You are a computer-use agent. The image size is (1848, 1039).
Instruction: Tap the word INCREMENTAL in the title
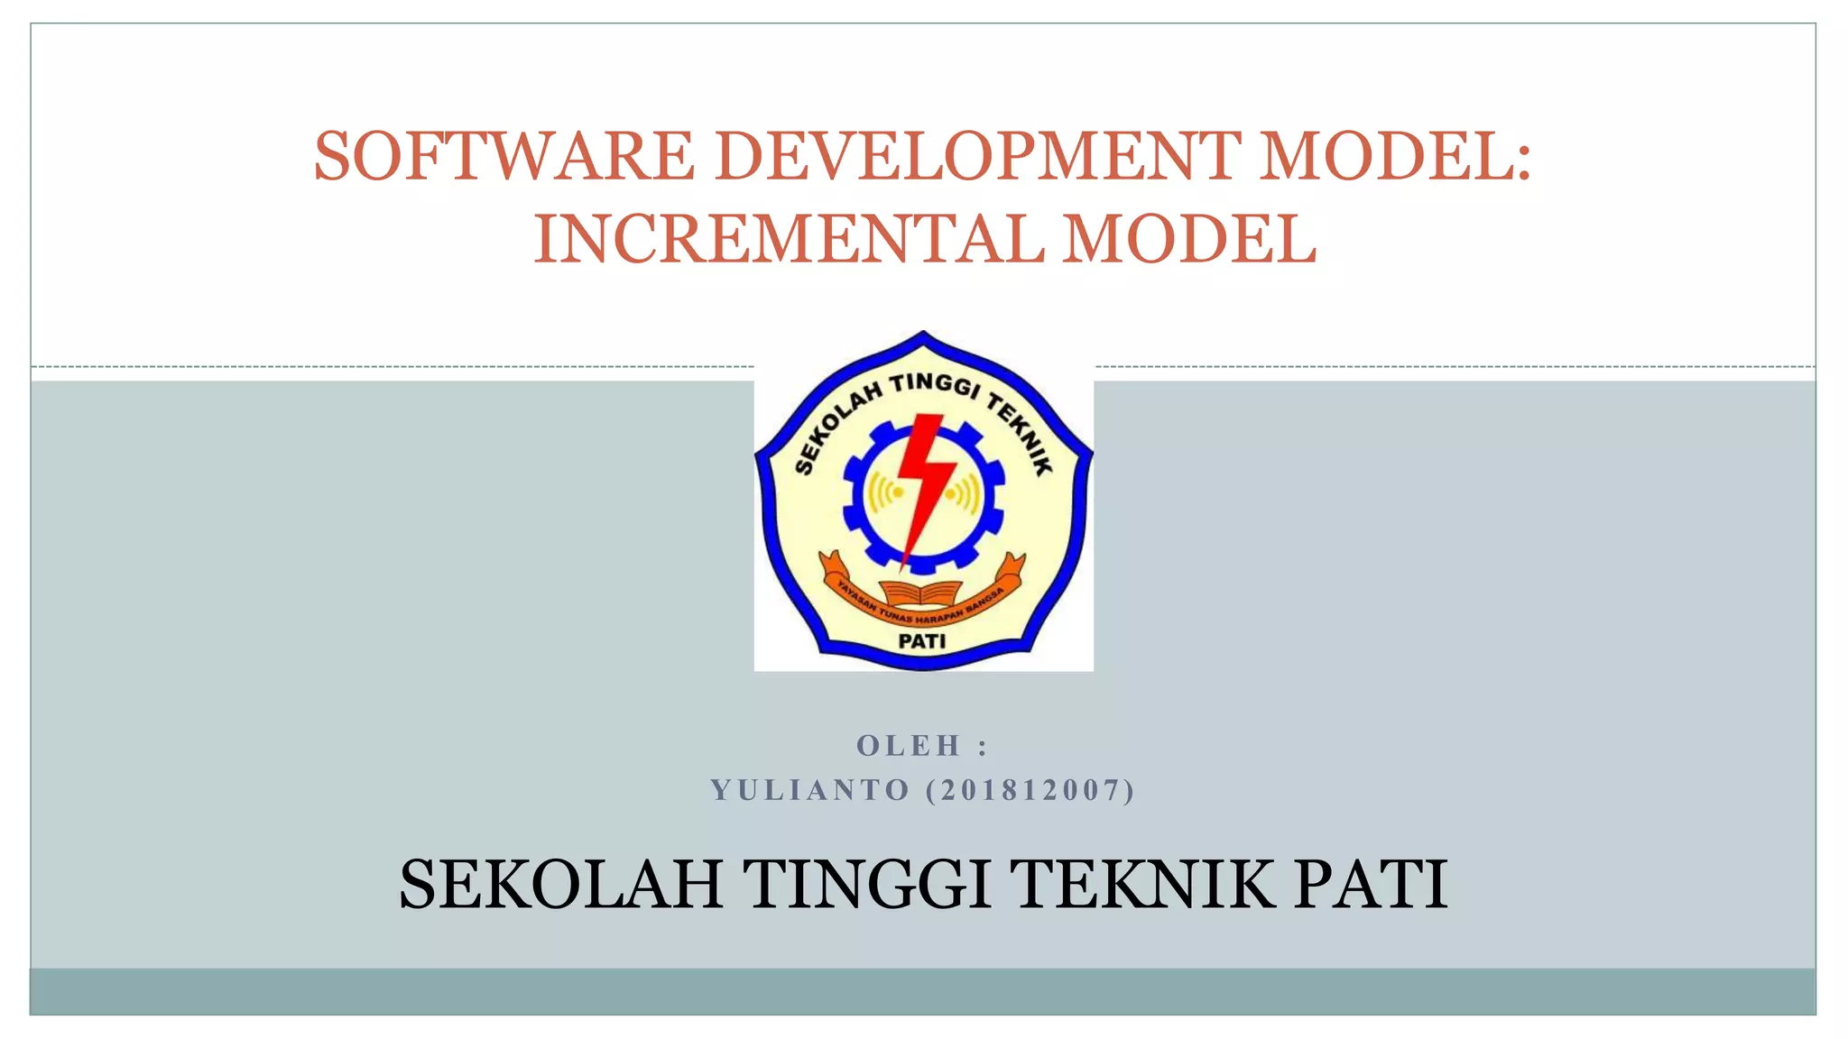coord(788,239)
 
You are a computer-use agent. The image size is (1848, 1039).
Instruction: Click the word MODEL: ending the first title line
coord(1395,156)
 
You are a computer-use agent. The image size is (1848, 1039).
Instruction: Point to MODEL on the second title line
coord(1189,239)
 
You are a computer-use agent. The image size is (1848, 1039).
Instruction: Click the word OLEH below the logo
coord(908,746)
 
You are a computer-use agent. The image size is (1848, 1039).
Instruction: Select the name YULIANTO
coord(810,790)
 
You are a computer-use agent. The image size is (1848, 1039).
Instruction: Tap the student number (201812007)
coord(1030,790)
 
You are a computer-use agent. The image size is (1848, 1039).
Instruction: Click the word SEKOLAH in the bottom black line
coord(561,884)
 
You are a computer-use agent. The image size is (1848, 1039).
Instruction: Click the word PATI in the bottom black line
coord(1372,884)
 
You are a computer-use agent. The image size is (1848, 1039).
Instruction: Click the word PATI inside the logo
coord(922,641)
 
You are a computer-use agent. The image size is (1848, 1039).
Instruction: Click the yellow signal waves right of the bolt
coord(962,493)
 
